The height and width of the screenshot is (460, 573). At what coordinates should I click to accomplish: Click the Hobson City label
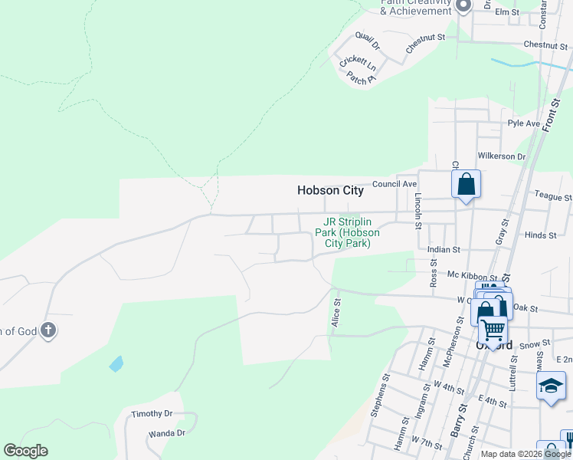330,191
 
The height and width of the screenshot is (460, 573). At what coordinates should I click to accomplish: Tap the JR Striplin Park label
347,232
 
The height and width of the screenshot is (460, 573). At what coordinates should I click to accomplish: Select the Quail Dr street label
368,40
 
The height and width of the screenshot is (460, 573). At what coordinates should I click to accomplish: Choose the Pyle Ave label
524,123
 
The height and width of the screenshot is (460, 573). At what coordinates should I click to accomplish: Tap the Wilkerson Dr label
501,156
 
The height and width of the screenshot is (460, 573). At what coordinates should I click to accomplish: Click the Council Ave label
395,184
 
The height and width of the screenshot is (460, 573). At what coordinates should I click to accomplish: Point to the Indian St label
444,249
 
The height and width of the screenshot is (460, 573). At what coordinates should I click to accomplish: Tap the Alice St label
336,314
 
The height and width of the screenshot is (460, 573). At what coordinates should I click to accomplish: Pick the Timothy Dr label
152,414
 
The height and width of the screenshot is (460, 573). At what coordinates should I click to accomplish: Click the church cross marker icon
48,331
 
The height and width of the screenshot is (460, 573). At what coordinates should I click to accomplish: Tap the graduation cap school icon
550,386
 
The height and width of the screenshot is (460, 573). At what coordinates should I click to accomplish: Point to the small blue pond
116,363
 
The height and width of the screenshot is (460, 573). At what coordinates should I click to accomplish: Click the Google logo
25,451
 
